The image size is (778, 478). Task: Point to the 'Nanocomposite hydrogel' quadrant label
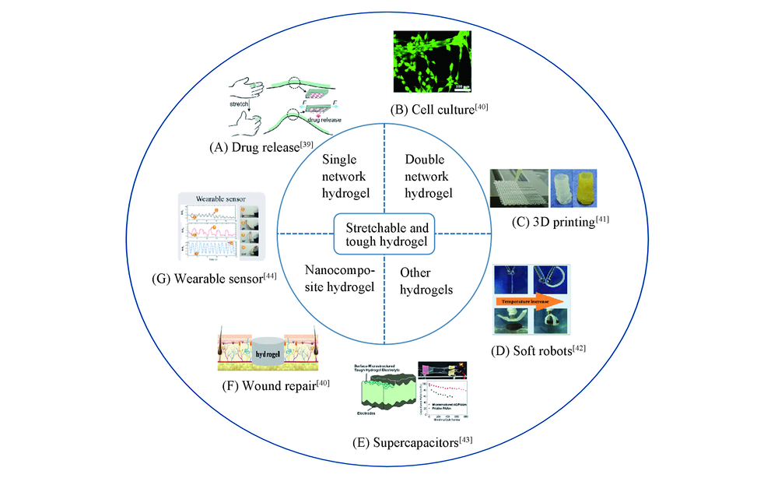pyautogui.click(x=335, y=279)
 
